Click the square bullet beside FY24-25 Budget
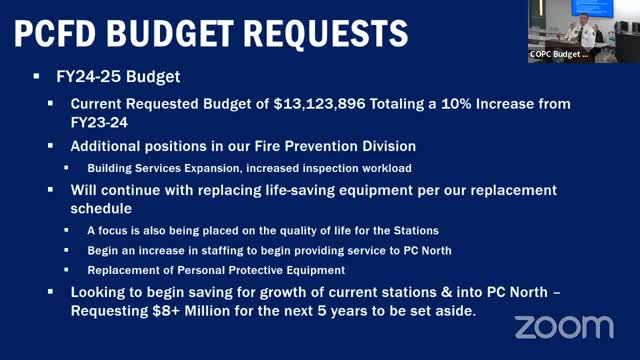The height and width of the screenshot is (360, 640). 37,76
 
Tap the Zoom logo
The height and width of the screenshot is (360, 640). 563,326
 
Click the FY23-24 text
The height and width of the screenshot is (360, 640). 101,122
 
